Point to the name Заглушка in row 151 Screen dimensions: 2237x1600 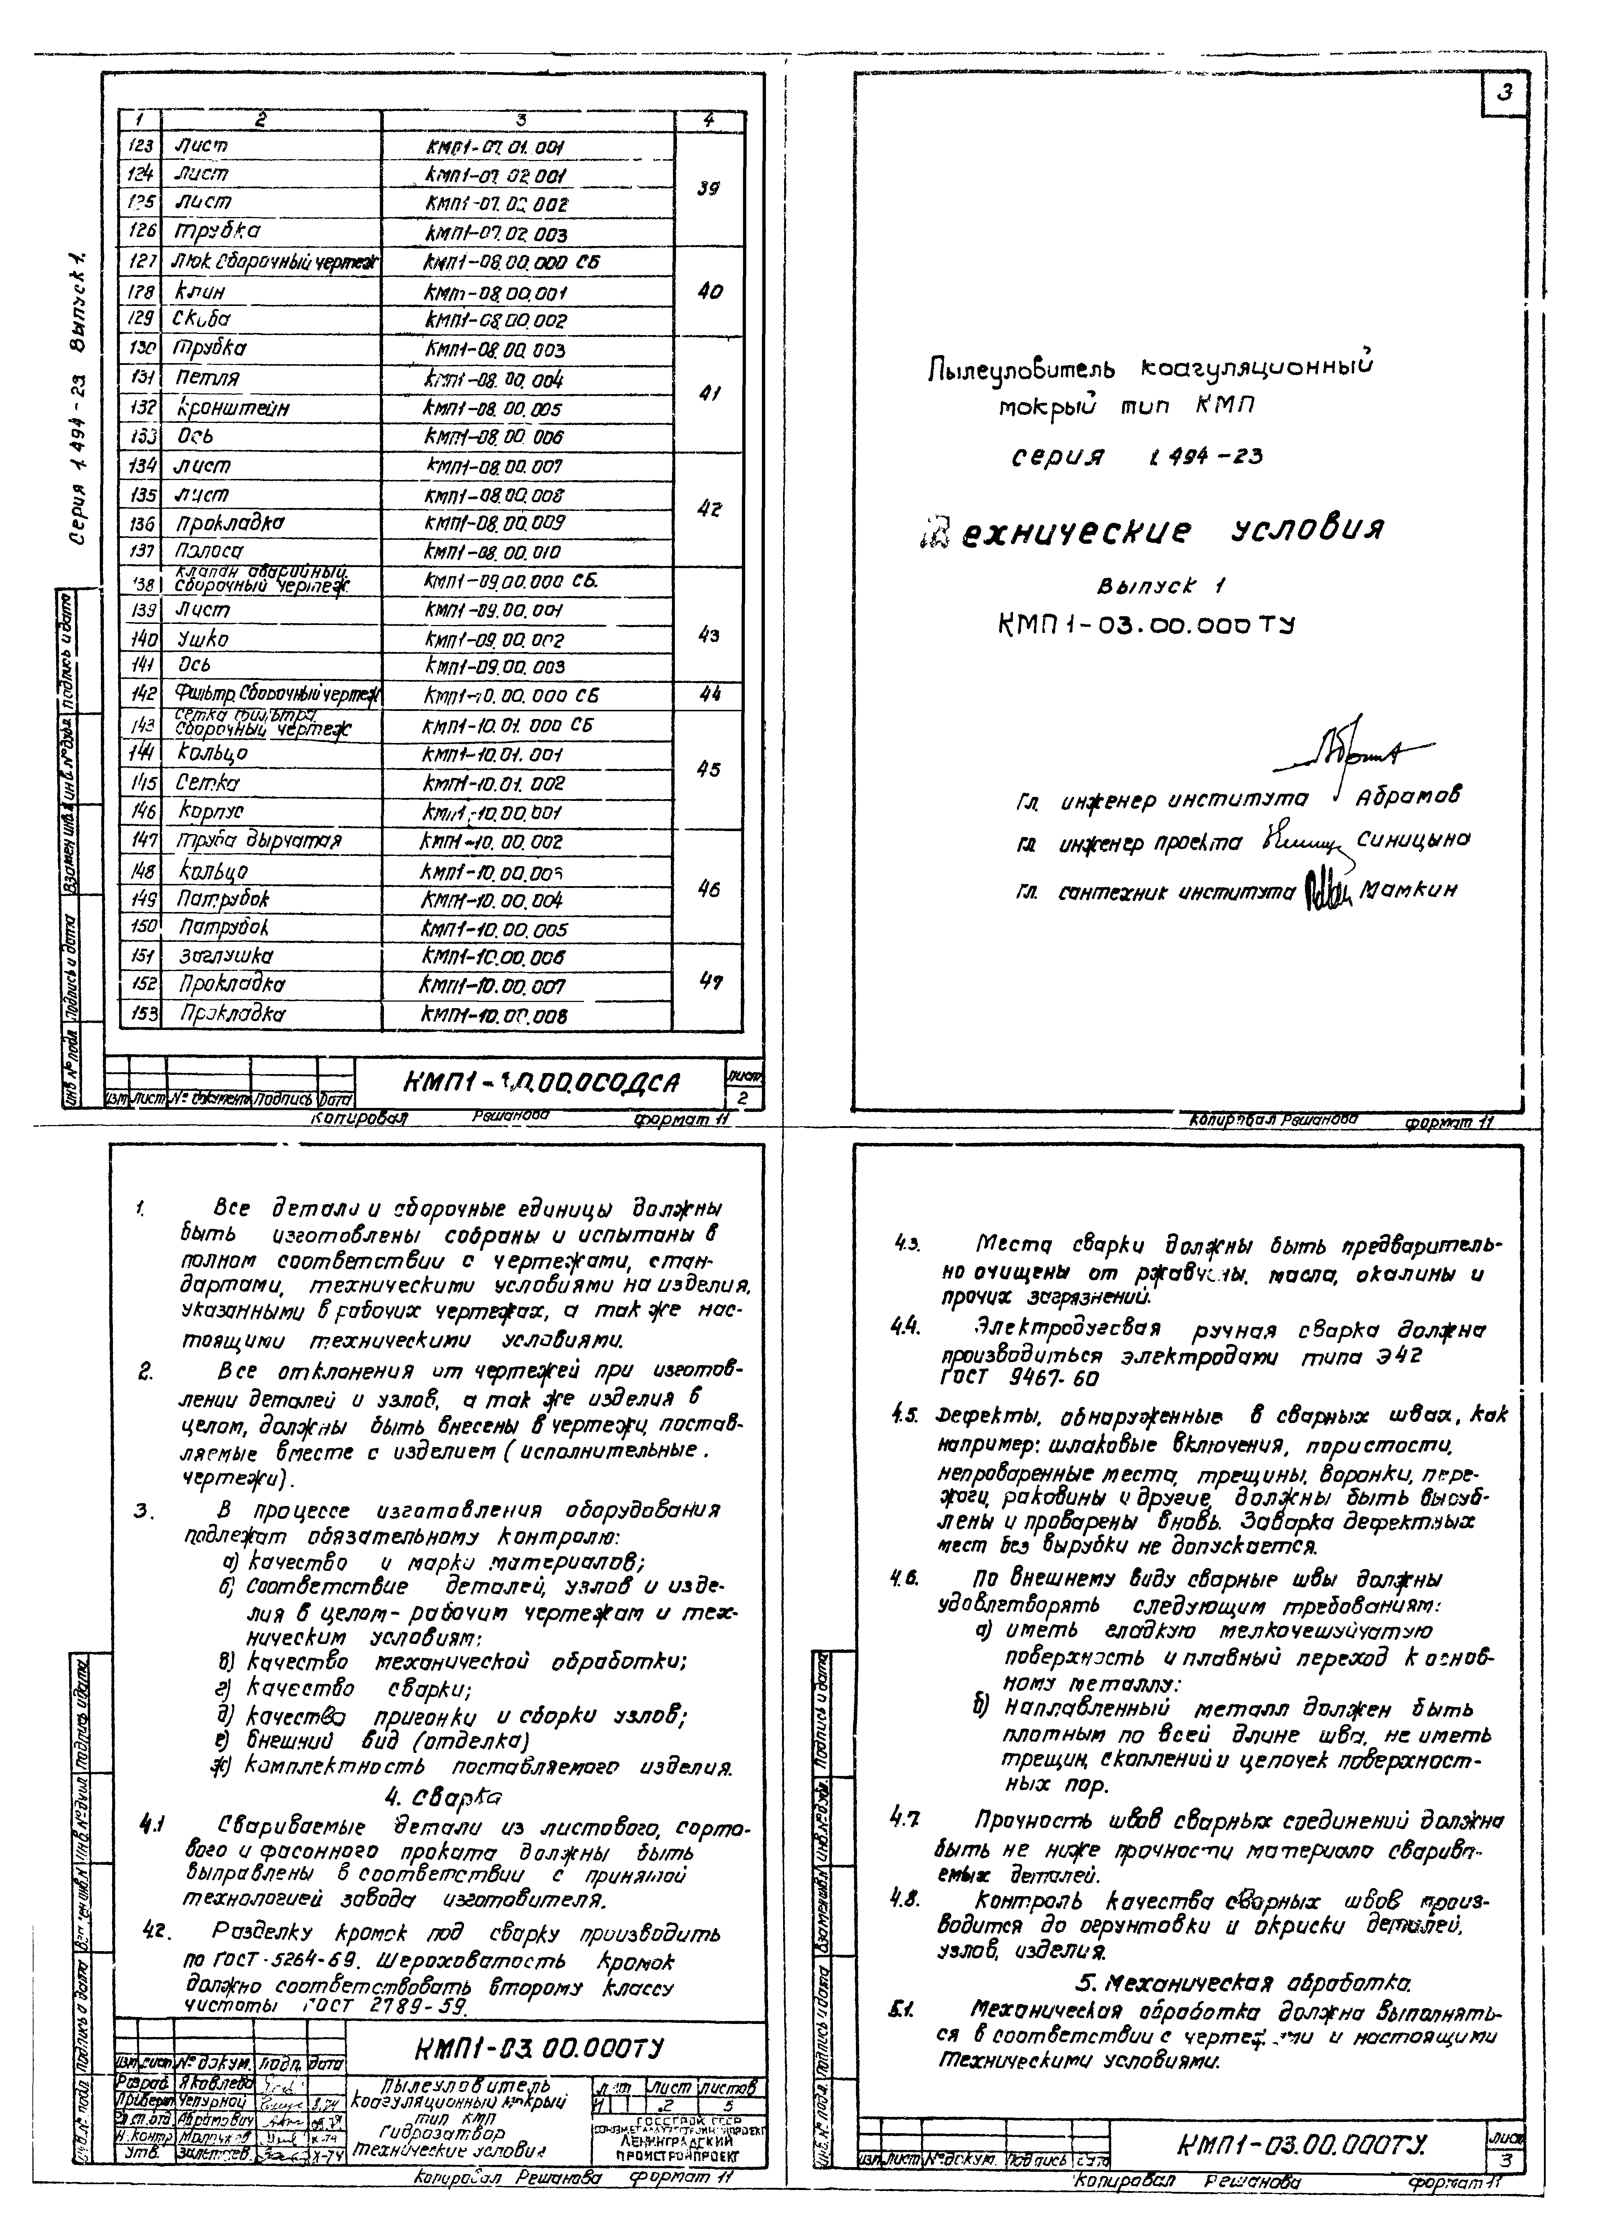pos(225,955)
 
